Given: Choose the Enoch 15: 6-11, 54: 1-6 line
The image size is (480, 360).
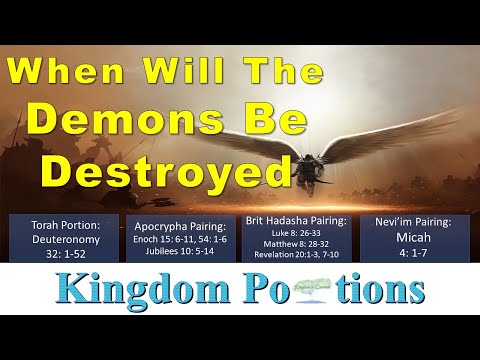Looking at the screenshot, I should [181, 240].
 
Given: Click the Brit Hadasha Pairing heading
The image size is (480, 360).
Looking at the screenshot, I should [297, 219].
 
